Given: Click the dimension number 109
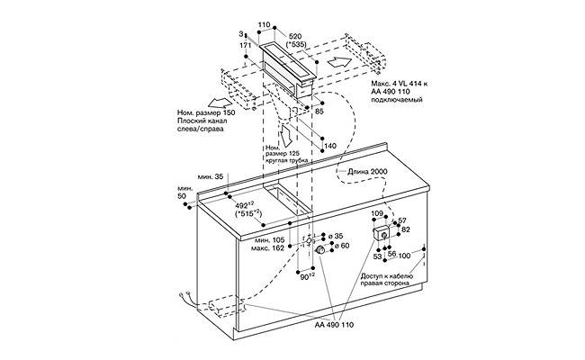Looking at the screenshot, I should [x=379, y=213].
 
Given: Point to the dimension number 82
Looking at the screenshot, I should [x=406, y=229].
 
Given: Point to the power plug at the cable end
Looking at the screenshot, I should [x=185, y=301].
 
